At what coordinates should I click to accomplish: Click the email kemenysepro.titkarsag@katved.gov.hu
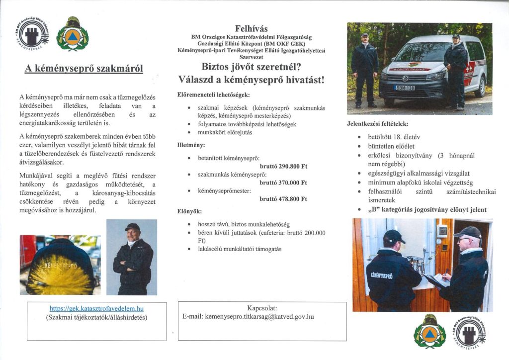248,316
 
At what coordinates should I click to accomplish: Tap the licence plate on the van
405,88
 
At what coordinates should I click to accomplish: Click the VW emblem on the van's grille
404,78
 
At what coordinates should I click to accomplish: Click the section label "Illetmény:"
191,145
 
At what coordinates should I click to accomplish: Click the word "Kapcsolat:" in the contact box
262,308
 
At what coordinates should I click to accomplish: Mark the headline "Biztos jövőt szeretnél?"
251,67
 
